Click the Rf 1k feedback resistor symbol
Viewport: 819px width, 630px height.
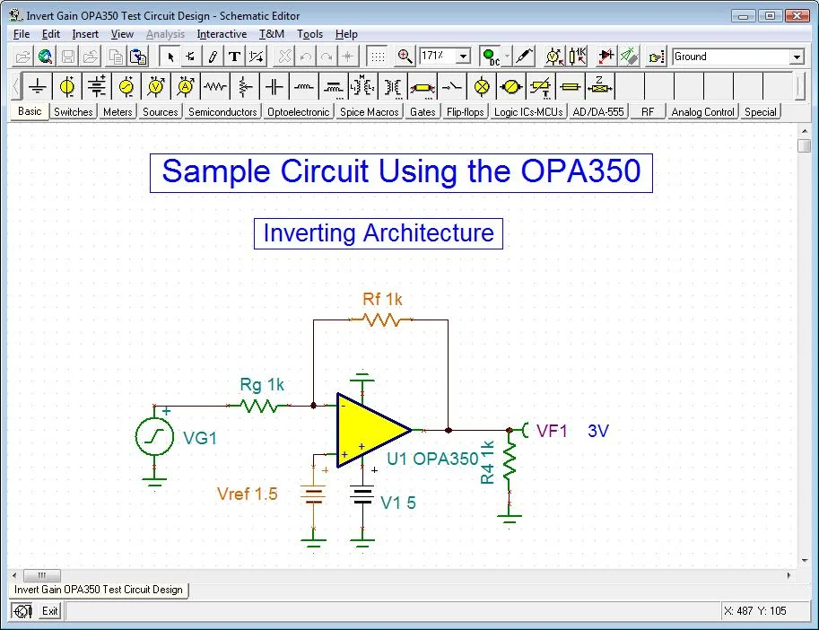[x=380, y=319]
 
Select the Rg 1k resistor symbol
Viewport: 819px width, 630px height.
[x=260, y=406]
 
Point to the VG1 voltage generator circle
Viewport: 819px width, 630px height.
[x=154, y=437]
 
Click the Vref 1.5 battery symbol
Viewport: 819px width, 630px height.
[x=313, y=495]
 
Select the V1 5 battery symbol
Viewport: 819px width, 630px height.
[x=362, y=496]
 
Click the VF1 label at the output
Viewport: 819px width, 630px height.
[x=553, y=431]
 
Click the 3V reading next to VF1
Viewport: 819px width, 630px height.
[x=598, y=431]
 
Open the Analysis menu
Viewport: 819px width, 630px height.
[x=165, y=34]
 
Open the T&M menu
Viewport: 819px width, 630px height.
[x=272, y=34]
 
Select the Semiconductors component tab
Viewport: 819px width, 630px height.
[x=222, y=112]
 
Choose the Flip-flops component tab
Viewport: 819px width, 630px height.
[x=466, y=112]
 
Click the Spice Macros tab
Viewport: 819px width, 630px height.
[x=369, y=112]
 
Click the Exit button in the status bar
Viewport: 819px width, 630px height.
[x=49, y=611]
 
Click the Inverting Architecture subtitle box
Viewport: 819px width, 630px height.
[x=378, y=233]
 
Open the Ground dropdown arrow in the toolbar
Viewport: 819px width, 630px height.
[x=796, y=57]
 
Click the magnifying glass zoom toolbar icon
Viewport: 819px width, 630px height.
[x=405, y=57]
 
